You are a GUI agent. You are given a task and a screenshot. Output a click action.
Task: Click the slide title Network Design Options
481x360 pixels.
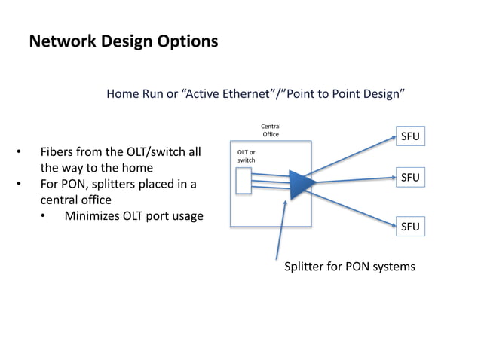point(123,41)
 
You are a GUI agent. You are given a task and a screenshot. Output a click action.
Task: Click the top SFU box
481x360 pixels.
point(409,136)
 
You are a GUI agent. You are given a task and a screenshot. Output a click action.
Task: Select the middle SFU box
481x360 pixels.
point(409,178)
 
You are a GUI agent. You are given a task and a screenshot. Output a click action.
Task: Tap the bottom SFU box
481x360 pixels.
point(409,227)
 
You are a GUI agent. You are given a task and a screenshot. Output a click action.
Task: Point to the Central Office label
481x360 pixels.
point(271,130)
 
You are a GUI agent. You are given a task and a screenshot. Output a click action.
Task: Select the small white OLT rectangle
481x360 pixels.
point(244,182)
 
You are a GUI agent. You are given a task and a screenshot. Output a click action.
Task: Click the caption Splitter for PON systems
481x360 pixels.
point(349,267)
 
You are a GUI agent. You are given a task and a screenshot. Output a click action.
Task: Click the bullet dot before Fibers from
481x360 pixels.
point(19,151)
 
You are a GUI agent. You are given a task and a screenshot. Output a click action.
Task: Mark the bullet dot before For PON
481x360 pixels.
point(19,185)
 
